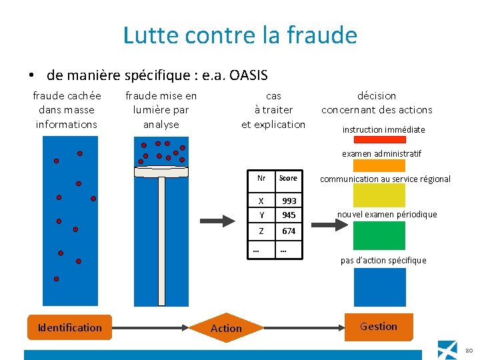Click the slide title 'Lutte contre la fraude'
(x=240, y=35)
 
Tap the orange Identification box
(x=69, y=327)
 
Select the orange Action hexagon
(x=226, y=328)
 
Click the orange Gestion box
(x=378, y=327)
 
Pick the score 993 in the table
(x=289, y=201)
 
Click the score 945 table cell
(x=289, y=215)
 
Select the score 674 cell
(x=289, y=231)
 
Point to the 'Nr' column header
(x=261, y=178)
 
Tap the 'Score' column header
(x=288, y=178)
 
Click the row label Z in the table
(x=261, y=231)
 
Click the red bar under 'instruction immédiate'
(x=379, y=140)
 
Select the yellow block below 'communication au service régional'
(x=379, y=195)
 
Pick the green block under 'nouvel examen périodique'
(x=379, y=235)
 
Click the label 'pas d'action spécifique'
(x=383, y=260)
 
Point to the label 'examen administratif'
(x=381, y=153)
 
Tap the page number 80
(x=469, y=351)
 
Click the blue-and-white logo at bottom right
(x=448, y=349)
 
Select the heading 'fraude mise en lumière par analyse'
(x=161, y=110)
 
